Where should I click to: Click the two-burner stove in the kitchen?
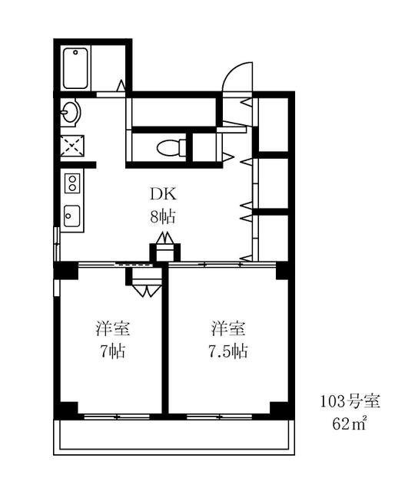[72, 183]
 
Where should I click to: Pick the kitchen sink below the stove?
[72, 215]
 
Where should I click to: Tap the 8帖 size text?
[162, 216]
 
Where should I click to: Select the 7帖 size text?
[112, 352]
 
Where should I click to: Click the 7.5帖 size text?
[228, 352]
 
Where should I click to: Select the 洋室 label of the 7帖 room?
[112, 330]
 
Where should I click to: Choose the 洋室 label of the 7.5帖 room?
[228, 330]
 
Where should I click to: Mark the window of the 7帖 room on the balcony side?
[113, 417]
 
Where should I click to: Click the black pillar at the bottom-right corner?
[283, 408]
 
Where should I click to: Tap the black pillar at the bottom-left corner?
[67, 408]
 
